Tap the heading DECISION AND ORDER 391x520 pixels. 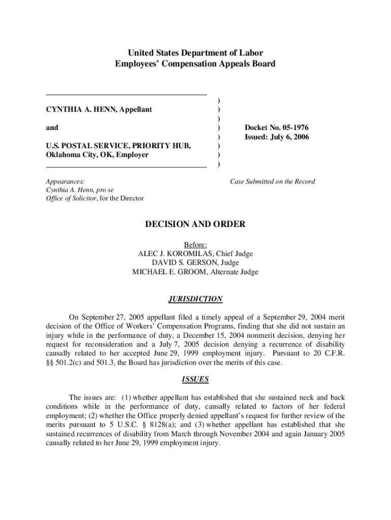pos(195,224)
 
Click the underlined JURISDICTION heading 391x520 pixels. pos(195,299)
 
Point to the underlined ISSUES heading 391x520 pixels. pos(195,379)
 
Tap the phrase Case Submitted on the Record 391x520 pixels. pos(272,181)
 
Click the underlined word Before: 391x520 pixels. pos(195,245)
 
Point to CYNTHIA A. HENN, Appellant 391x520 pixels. pos(99,110)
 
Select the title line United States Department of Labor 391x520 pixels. pos(195,53)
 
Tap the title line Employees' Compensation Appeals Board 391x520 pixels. pos(195,63)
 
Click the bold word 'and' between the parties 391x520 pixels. pos(52,128)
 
